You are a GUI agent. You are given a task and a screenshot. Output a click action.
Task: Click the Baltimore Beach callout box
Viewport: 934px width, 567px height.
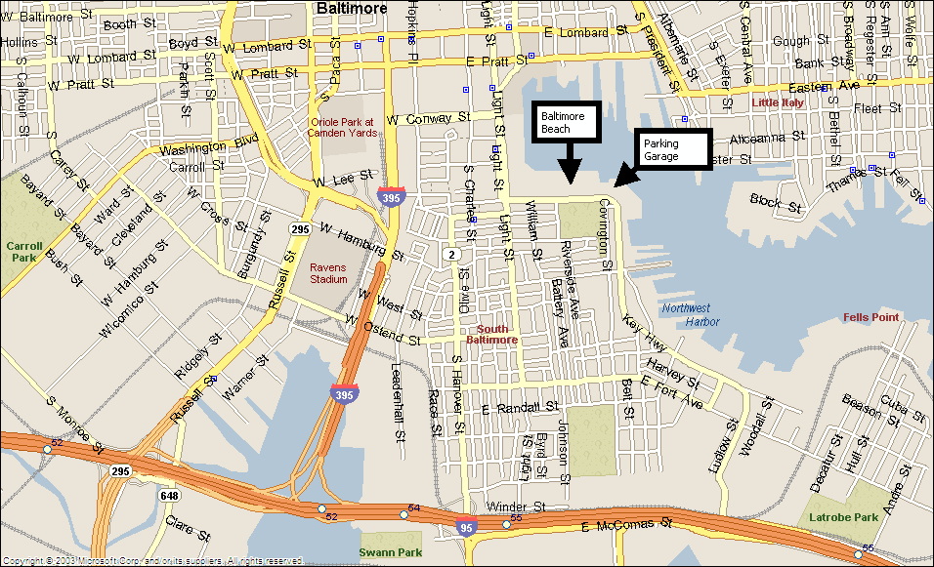pyautogui.click(x=566, y=122)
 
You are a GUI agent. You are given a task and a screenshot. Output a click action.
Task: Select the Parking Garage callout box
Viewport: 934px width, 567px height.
pyautogui.click(x=673, y=149)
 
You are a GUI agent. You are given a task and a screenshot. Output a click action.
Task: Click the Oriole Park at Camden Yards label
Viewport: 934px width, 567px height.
pyautogui.click(x=342, y=127)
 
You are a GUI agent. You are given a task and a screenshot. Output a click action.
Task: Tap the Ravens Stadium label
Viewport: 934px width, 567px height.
pyautogui.click(x=328, y=273)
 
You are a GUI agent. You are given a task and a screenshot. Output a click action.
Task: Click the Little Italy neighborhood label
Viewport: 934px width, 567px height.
pyautogui.click(x=778, y=102)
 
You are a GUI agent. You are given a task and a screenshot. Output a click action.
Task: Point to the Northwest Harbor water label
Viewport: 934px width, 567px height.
pyautogui.click(x=691, y=314)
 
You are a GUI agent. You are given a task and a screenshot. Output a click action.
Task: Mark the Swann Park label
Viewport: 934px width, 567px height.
pyautogui.click(x=391, y=552)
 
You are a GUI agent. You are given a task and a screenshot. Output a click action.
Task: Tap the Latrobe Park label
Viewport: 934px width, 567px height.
pyautogui.click(x=843, y=516)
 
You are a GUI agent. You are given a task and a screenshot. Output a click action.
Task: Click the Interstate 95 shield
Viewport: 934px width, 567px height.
pyautogui.click(x=466, y=528)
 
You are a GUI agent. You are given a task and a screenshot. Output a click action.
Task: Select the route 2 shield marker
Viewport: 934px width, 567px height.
pyautogui.click(x=451, y=255)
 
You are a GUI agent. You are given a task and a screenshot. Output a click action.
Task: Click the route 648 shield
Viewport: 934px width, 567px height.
pyautogui.click(x=170, y=496)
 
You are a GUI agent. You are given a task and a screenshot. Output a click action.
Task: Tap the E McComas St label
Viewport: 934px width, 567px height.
pyautogui.click(x=627, y=526)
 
